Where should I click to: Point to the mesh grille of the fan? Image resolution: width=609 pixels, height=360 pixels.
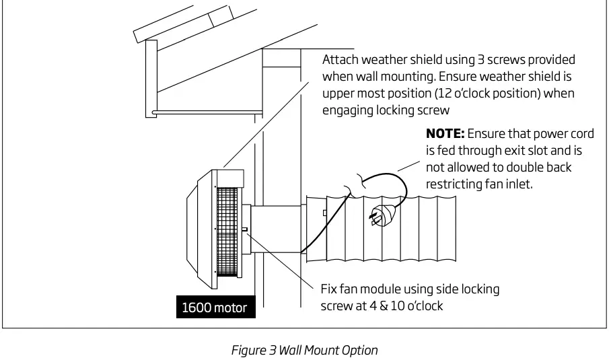click(x=228, y=229)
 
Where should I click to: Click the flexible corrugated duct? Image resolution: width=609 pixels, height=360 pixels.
click(x=390, y=229)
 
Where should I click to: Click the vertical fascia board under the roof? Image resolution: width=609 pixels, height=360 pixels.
click(x=151, y=77)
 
